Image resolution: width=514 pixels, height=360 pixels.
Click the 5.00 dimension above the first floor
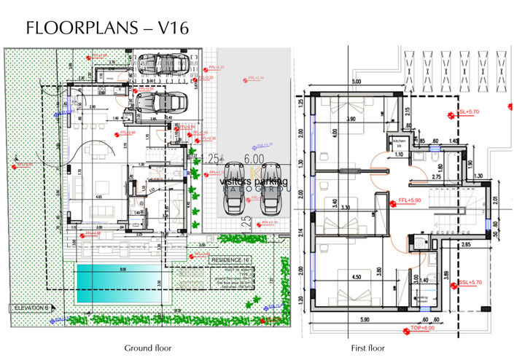click(357, 82)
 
